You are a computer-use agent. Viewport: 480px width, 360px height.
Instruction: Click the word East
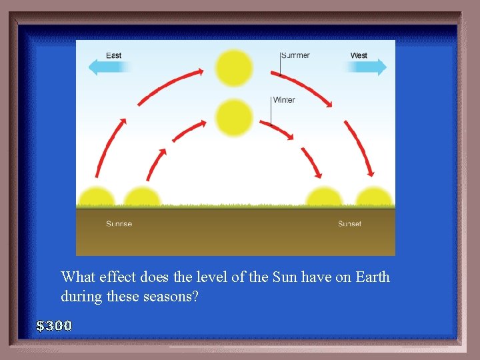click(x=114, y=55)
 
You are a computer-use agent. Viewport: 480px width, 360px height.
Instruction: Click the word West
click(x=359, y=55)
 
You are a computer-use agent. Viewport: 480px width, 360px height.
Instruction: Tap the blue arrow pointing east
click(x=111, y=67)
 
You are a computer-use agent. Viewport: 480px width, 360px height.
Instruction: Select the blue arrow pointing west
click(x=369, y=67)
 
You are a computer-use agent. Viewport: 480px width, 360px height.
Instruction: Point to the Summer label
click(x=295, y=55)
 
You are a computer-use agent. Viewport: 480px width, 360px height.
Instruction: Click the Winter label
click(x=283, y=100)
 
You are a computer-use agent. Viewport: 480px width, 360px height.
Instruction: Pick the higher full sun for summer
click(x=234, y=68)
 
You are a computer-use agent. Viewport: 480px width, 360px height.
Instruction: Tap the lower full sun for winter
click(x=234, y=118)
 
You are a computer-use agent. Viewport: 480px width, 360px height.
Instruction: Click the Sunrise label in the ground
click(x=119, y=224)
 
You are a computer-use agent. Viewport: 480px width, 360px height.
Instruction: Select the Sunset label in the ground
click(x=349, y=224)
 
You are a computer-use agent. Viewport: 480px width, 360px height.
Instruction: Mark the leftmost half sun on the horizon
click(x=97, y=197)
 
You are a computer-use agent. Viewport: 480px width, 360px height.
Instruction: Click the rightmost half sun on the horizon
click(x=373, y=197)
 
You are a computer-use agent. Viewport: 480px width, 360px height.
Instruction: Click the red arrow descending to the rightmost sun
click(x=359, y=147)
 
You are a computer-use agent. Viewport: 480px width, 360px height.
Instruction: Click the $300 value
click(x=54, y=326)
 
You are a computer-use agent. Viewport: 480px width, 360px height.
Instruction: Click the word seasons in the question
click(x=171, y=297)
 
